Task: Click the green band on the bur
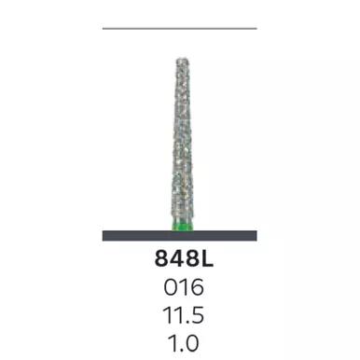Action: pyautogui.click(x=183, y=227)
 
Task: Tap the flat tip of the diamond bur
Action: pyautogui.click(x=183, y=59)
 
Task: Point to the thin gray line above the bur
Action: pyautogui.click(x=180, y=28)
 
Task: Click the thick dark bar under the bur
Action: pyautogui.click(x=180, y=236)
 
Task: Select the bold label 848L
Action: pyautogui.click(x=184, y=258)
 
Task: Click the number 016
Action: pyautogui.click(x=184, y=287)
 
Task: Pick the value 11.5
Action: pyautogui.click(x=184, y=315)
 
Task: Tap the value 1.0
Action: pyautogui.click(x=183, y=343)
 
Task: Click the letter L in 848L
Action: pyautogui.click(x=207, y=258)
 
